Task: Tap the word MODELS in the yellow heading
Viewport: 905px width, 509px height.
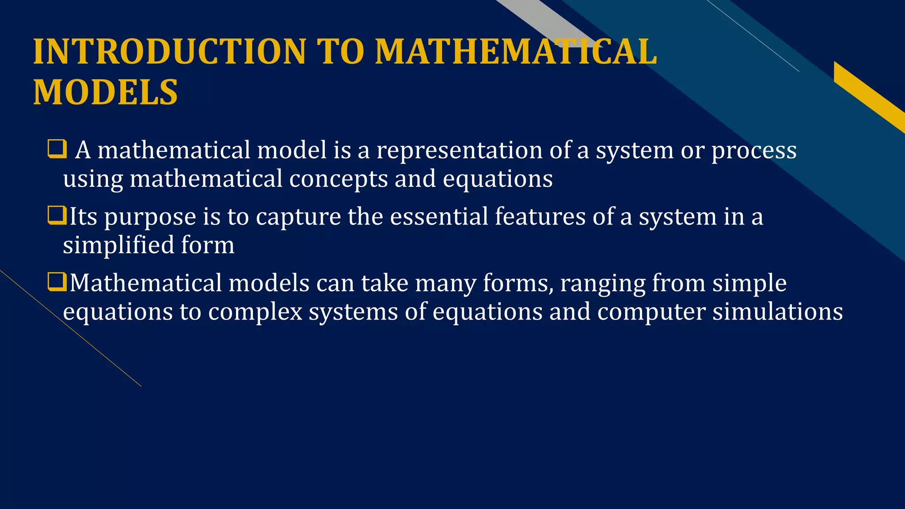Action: tap(105, 92)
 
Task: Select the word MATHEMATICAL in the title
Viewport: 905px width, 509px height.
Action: tap(516, 52)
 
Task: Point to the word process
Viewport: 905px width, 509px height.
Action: tap(754, 151)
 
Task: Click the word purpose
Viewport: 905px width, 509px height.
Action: tap(150, 217)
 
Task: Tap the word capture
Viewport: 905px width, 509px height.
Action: tap(298, 217)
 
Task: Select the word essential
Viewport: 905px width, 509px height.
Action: tap(439, 217)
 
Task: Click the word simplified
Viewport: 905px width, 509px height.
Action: tap(118, 245)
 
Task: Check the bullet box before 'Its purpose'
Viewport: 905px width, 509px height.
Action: tap(57, 215)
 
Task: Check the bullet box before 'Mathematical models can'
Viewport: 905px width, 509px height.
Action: tap(57, 281)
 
